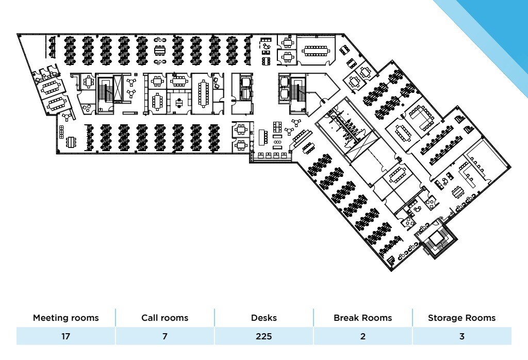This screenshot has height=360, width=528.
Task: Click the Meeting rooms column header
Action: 65,318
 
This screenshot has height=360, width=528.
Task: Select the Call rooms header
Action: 164,318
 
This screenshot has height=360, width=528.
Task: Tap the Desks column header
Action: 263,318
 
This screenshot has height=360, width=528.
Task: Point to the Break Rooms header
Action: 362,318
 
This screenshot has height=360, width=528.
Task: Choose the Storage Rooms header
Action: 461,318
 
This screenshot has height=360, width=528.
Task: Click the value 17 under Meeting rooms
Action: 65,336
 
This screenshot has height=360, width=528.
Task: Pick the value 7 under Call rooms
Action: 164,336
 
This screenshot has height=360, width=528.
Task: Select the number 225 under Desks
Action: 263,336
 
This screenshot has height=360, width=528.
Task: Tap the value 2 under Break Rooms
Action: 362,336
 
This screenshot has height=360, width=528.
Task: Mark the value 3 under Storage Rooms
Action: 461,336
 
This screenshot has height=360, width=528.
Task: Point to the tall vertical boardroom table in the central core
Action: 202,93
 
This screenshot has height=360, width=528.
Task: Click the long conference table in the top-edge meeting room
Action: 315,51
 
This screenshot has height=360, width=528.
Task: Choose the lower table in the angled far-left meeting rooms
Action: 56,103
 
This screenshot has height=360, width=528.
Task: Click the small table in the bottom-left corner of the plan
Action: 71,141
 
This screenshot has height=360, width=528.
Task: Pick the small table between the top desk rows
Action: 160,50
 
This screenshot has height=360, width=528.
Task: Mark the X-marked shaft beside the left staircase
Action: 119,88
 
